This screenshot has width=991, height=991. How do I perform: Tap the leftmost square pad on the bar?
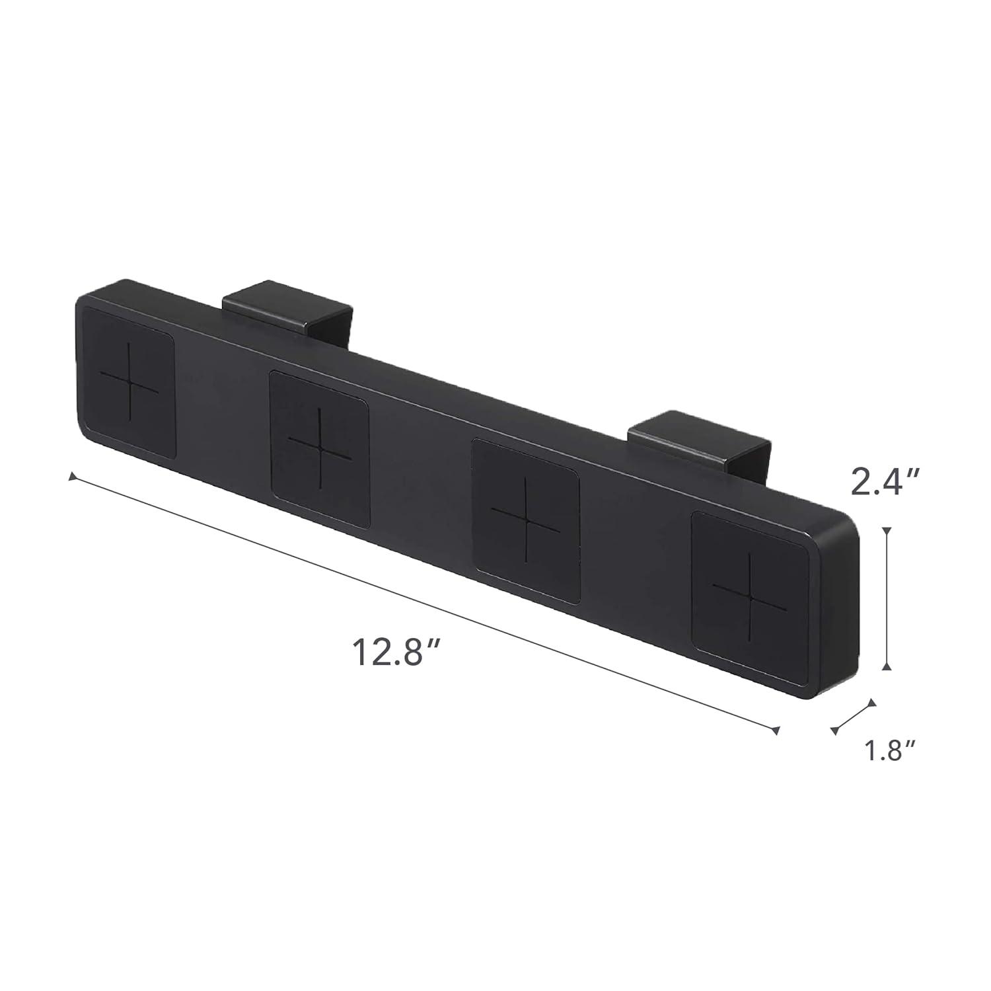click(130, 389)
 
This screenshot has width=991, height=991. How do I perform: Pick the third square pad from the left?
click(527, 520)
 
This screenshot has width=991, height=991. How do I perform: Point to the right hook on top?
click(699, 437)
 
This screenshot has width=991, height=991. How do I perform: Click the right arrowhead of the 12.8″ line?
click(777, 730)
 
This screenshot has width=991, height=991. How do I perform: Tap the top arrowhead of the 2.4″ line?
click(887, 530)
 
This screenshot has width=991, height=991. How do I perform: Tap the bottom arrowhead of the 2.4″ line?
click(887, 667)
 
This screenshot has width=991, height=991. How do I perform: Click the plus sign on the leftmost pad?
click(129, 389)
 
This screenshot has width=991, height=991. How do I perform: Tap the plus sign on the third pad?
click(527, 520)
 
